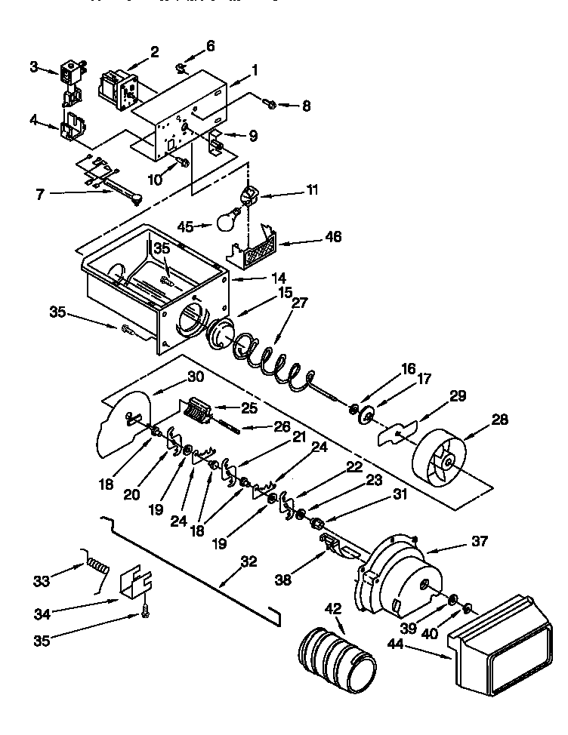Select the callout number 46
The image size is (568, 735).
click(332, 237)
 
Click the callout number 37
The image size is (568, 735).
click(480, 540)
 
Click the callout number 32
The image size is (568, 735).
click(248, 561)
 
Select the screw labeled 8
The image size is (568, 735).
click(272, 101)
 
